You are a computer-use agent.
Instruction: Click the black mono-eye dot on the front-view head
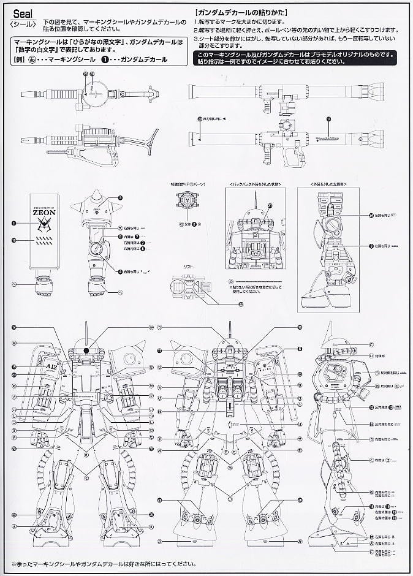87,351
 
